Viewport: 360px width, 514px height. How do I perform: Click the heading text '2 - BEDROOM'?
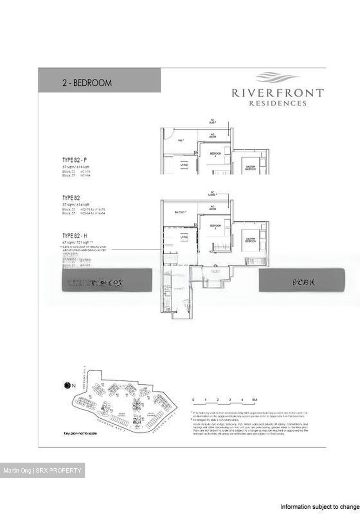click(x=87, y=83)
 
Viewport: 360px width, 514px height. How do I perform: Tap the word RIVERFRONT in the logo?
click(x=277, y=94)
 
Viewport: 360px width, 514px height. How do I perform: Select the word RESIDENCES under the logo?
click(x=277, y=104)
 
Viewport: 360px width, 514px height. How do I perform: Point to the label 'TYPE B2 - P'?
click(x=74, y=160)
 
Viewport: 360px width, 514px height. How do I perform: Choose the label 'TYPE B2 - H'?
click(x=75, y=236)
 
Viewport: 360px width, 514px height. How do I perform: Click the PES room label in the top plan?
click(x=181, y=141)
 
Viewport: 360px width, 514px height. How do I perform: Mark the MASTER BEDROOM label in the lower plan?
click(x=250, y=241)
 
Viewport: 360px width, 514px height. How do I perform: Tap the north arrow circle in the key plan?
click(x=67, y=385)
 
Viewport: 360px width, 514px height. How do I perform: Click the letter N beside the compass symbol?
click(x=74, y=385)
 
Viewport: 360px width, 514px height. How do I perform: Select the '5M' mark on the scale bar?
click(x=254, y=400)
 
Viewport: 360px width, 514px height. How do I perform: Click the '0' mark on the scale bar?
click(x=193, y=400)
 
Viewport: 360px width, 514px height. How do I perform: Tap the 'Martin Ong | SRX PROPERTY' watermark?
click(x=42, y=470)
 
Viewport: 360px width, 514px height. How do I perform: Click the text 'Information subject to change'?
click(x=319, y=507)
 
